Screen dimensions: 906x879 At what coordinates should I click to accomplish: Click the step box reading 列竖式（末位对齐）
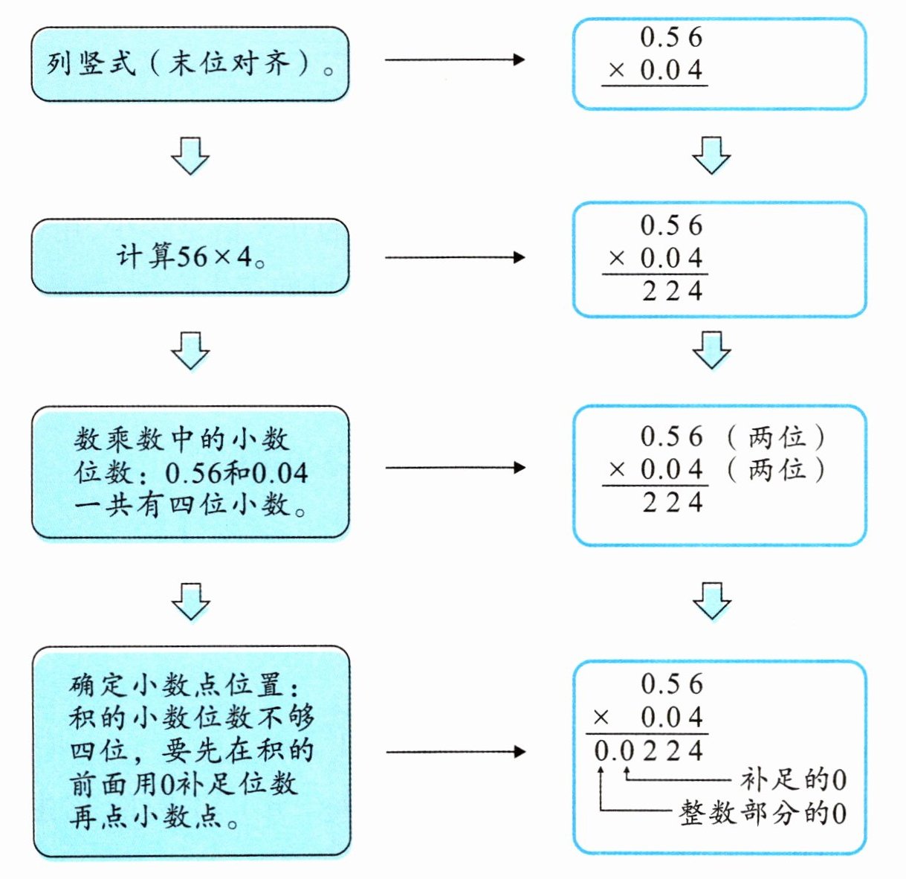point(190,64)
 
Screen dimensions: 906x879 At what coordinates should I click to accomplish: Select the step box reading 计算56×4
point(190,257)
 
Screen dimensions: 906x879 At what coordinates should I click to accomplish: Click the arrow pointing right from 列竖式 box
point(455,59)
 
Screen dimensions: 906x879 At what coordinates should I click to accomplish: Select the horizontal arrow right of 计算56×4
point(455,257)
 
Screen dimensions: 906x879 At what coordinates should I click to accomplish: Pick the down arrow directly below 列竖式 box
point(190,156)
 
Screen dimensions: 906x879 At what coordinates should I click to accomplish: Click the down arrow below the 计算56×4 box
point(190,351)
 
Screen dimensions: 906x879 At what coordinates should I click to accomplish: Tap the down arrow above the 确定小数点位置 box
point(191,602)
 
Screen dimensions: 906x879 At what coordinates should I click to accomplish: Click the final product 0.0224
point(648,751)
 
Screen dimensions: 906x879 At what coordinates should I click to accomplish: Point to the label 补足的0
point(793,779)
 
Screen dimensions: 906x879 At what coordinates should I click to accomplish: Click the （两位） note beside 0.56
point(777,437)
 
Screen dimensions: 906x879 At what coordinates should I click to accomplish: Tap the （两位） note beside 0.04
point(777,469)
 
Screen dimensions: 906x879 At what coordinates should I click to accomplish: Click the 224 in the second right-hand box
point(673,291)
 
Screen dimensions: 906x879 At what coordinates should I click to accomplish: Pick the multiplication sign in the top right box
point(616,71)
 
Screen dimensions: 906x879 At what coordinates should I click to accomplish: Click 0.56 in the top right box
point(671,37)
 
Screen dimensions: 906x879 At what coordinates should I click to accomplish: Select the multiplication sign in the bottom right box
point(601,718)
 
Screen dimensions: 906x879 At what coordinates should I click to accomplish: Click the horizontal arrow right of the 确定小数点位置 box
point(456,752)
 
